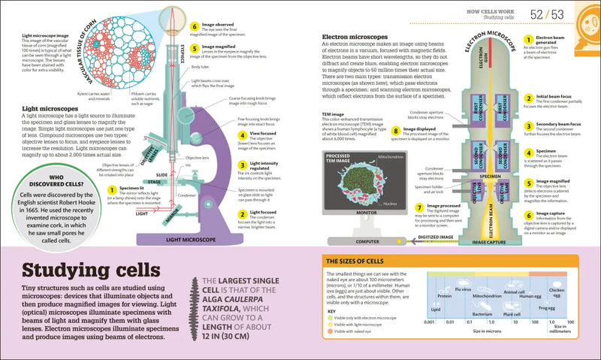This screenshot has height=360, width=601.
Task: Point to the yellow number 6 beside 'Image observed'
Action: point(194,25)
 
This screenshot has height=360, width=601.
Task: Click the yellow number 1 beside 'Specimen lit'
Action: point(112,190)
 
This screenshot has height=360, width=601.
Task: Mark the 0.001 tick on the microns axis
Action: point(429,322)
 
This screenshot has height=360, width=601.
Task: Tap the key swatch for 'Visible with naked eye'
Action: point(330,329)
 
